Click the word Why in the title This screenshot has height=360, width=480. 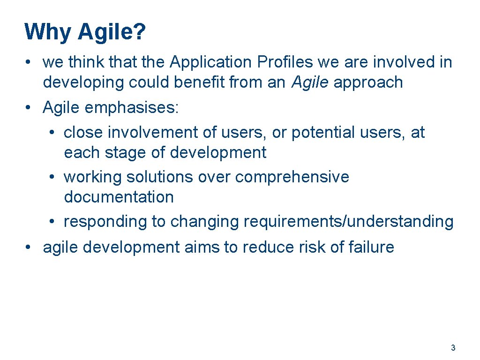(x=48, y=32)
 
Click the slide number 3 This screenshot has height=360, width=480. (x=453, y=348)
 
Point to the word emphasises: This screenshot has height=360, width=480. (x=132, y=107)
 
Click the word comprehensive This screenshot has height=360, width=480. (x=292, y=177)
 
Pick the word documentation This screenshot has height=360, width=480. (x=119, y=197)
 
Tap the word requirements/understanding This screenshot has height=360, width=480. (x=348, y=221)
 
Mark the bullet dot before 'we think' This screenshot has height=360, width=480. (x=29, y=62)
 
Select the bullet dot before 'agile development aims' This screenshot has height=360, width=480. (x=29, y=247)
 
